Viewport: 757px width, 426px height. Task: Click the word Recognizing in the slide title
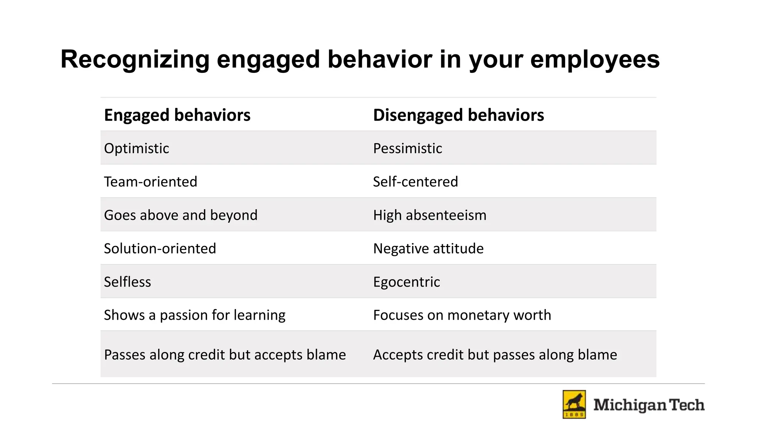click(x=135, y=59)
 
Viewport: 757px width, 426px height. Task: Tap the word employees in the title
click(x=595, y=59)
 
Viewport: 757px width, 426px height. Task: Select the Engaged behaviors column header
click(x=177, y=115)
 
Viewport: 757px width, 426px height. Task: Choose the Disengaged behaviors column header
click(x=458, y=115)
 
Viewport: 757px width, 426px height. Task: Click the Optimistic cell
click(x=136, y=148)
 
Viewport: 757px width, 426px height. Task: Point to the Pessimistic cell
click(x=407, y=148)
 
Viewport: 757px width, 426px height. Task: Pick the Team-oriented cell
click(x=150, y=182)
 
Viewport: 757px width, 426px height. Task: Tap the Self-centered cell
click(x=415, y=182)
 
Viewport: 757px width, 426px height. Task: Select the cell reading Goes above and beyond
click(x=180, y=215)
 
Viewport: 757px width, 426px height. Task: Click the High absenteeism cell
click(x=430, y=215)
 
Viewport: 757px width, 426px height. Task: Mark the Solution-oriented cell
click(x=160, y=248)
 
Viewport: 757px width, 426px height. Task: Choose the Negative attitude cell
click(x=428, y=248)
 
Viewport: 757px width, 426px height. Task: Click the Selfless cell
click(x=128, y=282)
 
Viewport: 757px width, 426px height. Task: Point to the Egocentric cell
click(x=406, y=282)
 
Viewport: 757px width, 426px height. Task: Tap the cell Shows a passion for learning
click(x=194, y=315)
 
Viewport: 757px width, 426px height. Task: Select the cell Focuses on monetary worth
click(x=462, y=315)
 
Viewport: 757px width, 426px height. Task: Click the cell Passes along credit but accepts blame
click(x=225, y=355)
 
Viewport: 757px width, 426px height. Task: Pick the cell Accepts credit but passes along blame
click(x=495, y=355)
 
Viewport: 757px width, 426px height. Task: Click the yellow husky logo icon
click(x=574, y=405)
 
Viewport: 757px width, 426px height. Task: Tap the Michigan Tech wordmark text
click(x=649, y=405)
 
